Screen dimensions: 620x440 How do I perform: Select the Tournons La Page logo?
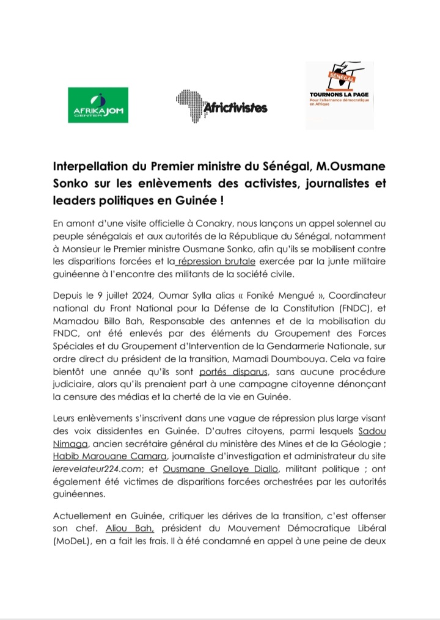[x=340, y=95]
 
